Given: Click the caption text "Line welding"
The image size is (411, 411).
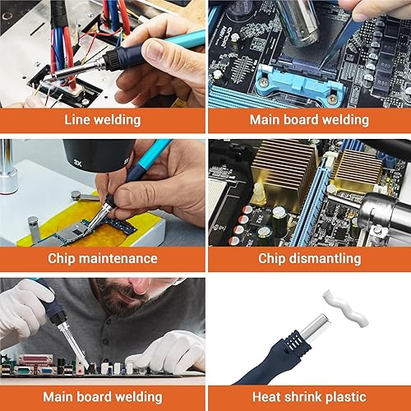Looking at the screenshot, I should coord(103,120).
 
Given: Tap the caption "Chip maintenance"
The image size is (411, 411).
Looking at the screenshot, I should coord(103,258).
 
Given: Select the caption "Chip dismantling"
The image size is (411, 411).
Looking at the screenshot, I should coord(309,258).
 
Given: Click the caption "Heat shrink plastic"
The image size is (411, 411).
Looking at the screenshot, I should coord(309,396).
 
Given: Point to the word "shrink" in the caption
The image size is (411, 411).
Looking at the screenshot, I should coord(309,396).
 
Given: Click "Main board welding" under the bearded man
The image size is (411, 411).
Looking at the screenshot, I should coord(103,396).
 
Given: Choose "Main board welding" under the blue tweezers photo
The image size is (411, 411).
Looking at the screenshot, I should coord(309,120).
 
